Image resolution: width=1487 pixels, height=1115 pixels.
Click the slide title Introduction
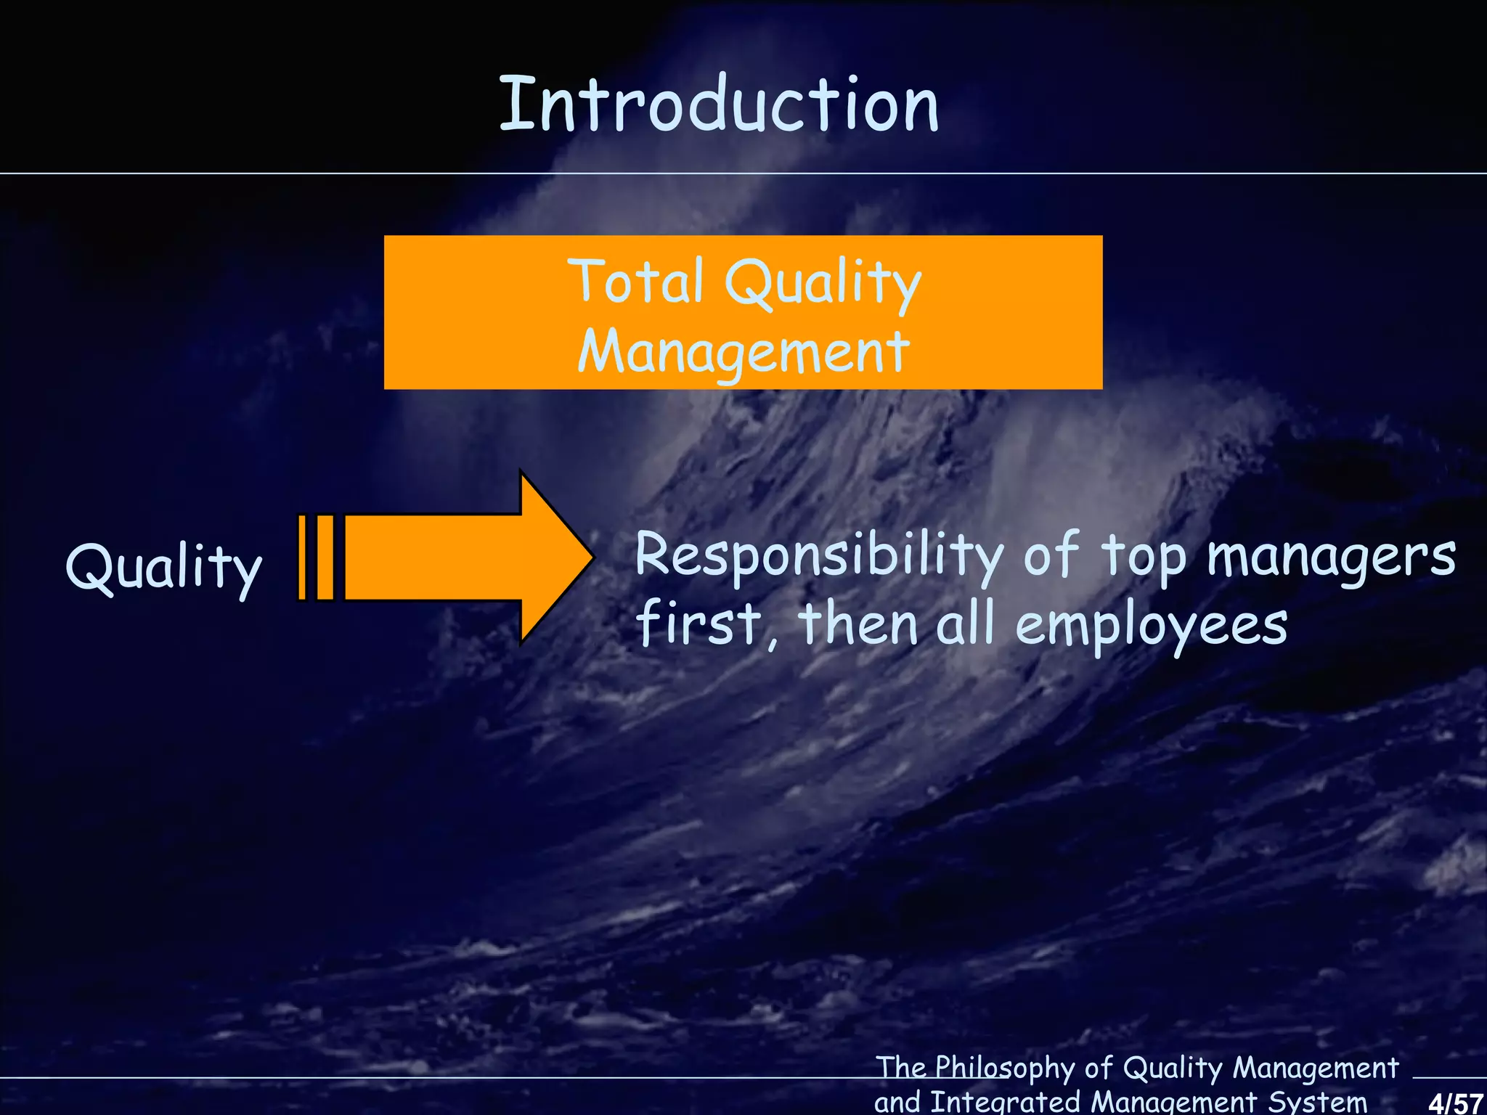click(x=719, y=105)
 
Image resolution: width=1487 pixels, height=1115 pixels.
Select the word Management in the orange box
click(x=743, y=351)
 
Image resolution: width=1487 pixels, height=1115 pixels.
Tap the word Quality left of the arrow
click(x=163, y=568)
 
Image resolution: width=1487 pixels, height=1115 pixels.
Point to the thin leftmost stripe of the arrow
click(x=303, y=557)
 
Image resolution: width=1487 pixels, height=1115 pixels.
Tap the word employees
click(x=1151, y=626)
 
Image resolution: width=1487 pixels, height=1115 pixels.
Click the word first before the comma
click(x=698, y=624)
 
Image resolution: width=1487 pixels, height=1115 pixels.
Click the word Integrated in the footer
click(x=1006, y=1101)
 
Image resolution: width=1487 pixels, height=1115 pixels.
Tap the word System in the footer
click(x=1317, y=1101)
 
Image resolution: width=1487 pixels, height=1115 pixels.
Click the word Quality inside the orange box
click(x=823, y=283)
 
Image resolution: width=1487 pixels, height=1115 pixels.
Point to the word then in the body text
click(x=859, y=624)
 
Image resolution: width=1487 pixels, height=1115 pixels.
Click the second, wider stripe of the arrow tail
click(x=326, y=557)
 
